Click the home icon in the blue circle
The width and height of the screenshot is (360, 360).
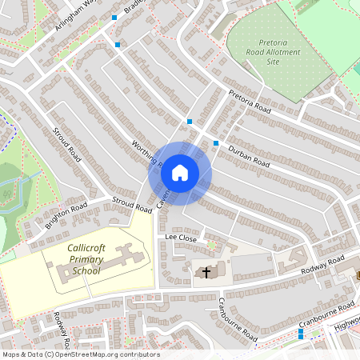(180, 173)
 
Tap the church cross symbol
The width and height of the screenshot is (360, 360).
(206, 273)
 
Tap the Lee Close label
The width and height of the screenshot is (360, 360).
(181, 238)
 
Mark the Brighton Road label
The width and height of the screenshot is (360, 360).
(66, 215)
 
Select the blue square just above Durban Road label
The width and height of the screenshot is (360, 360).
(216, 143)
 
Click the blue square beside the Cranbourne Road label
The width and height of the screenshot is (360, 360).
(301, 335)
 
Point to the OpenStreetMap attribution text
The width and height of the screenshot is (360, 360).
(80, 354)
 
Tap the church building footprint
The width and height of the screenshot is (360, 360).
(210, 272)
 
